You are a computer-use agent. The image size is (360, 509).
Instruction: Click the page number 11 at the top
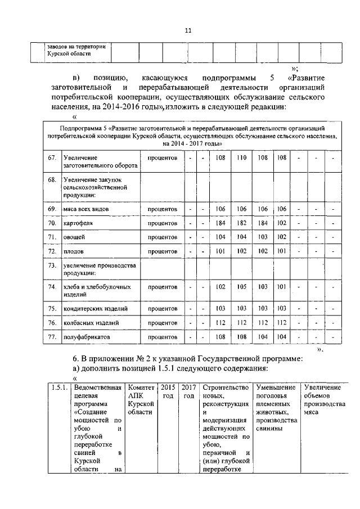188,31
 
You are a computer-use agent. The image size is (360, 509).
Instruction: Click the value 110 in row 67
242,159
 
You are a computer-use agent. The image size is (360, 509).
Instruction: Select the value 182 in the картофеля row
242,223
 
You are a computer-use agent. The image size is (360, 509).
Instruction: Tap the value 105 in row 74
242,287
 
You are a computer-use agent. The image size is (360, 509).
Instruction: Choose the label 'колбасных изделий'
91,323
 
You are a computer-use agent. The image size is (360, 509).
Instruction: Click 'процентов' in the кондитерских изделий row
163,309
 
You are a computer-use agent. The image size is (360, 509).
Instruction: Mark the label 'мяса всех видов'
86,209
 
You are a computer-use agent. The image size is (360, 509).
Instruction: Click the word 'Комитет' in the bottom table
141,388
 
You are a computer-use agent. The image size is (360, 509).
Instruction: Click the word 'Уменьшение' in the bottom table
276,388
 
